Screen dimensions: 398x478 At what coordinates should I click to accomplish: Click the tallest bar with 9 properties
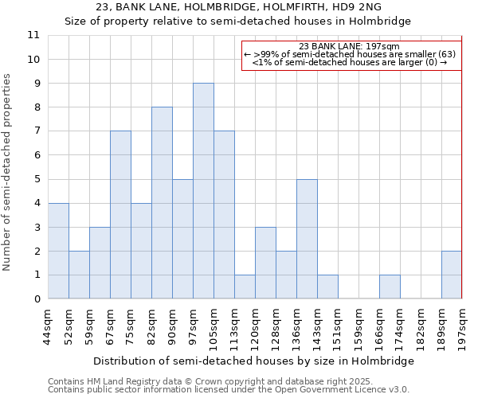tap(203, 191)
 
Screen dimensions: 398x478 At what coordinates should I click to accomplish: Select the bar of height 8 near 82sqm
tap(162, 203)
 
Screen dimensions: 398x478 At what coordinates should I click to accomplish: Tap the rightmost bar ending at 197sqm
tap(452, 275)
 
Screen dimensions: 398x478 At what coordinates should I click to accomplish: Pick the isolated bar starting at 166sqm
tap(390, 287)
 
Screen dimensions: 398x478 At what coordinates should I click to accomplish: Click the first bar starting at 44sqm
tap(58, 251)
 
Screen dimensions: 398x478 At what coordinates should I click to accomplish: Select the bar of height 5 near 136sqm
tap(307, 239)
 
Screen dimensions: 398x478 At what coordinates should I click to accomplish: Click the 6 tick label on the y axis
tap(36, 155)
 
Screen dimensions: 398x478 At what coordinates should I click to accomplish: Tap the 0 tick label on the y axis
tap(36, 299)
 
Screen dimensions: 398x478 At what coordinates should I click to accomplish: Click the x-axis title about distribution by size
tap(253, 361)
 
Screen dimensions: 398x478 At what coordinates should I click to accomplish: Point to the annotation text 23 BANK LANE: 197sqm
tap(351, 47)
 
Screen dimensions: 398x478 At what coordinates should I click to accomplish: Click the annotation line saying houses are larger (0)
tap(351, 62)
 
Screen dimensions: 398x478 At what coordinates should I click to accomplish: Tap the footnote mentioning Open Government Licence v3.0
tap(229, 390)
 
